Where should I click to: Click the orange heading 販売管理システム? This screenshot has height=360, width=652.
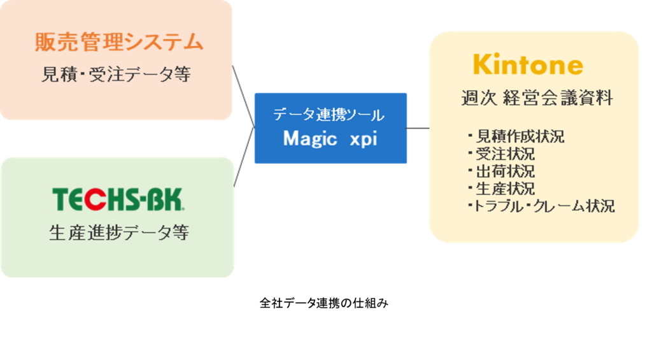pos(119,43)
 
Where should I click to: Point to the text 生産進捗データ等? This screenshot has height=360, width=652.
pos(118,233)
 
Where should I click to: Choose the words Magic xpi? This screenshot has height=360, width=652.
pos(330,139)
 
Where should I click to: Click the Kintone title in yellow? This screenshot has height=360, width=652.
pos(528,65)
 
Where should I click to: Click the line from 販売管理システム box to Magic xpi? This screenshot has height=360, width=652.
pos(244,96)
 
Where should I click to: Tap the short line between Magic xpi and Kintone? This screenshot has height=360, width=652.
pos(418,128)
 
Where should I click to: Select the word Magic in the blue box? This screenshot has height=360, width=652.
pos(310,139)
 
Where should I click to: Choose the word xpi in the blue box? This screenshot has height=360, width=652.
pos(364,140)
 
